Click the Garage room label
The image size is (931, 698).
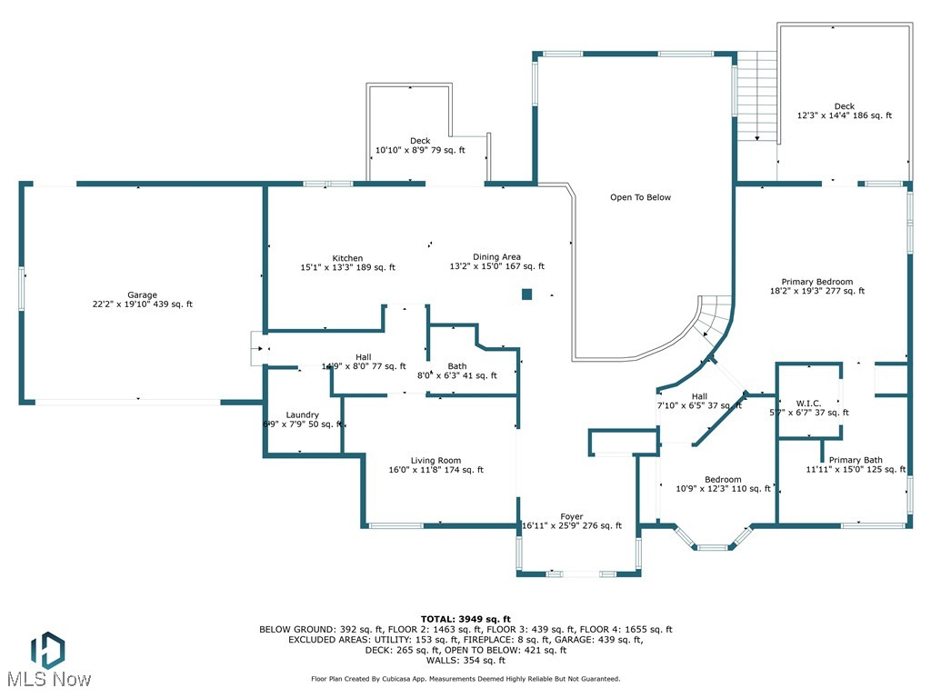coord(142,294)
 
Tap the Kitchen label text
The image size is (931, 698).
coord(347,258)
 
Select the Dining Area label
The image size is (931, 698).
coord(496,257)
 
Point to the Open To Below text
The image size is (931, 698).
coord(640,197)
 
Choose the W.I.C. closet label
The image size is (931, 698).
coord(808,403)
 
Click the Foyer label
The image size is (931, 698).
coord(572,516)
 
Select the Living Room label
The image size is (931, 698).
coord(436,461)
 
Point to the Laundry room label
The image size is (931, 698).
coord(302,414)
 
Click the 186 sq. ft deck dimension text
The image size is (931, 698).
coord(844,116)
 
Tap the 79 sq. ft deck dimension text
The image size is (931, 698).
coord(420,150)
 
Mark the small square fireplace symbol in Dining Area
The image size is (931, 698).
coord(526,294)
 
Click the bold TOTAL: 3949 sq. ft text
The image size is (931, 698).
coord(465,618)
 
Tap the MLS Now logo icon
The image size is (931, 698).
coord(47,651)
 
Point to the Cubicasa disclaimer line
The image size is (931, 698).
coord(465,679)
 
